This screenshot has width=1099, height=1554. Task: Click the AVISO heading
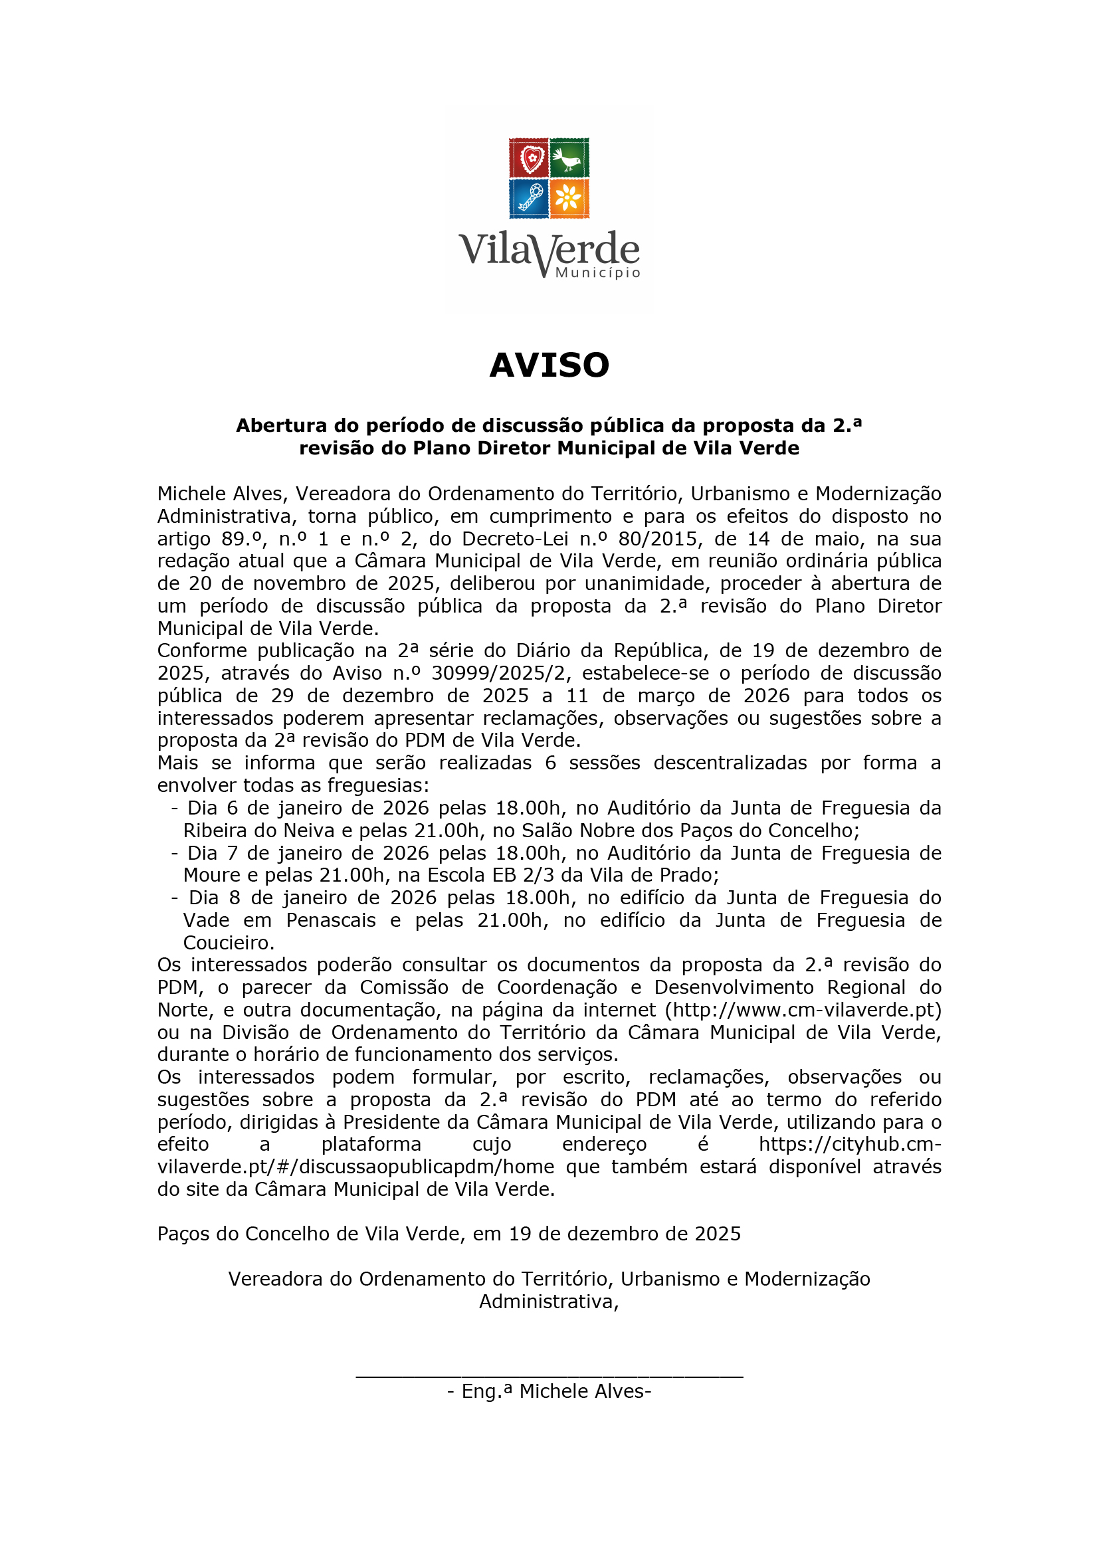click(549, 365)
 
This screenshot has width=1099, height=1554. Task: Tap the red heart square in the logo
click(528, 157)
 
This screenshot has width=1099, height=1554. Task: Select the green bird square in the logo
click(569, 157)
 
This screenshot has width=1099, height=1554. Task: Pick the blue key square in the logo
click(528, 197)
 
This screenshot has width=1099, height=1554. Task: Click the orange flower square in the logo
click(569, 197)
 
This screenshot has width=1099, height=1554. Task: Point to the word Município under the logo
click(597, 273)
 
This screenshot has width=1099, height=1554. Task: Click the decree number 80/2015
click(658, 539)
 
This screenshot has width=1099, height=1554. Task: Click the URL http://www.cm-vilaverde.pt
click(803, 1010)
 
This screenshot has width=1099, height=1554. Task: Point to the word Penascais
click(331, 920)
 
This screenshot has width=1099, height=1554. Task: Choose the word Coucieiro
click(228, 943)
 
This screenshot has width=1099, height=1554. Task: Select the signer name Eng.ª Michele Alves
click(549, 1392)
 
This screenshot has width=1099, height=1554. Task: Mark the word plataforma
click(371, 1145)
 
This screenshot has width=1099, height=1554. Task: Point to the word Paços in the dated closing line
click(183, 1234)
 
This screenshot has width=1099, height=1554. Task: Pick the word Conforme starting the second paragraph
click(200, 650)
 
